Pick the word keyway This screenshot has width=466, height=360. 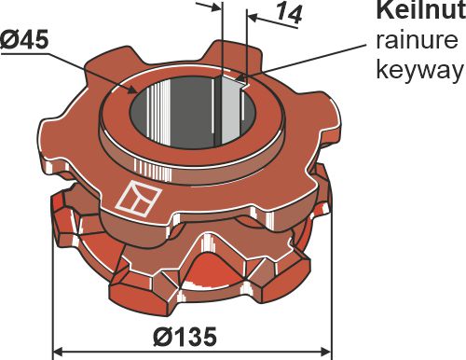click(418, 71)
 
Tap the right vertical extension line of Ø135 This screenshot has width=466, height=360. click(331, 308)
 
